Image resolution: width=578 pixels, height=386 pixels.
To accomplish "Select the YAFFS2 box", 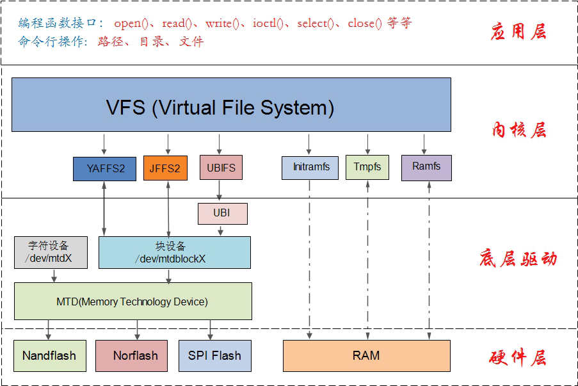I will click(x=104, y=168).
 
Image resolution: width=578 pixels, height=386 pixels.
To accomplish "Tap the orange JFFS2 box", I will click(x=166, y=168).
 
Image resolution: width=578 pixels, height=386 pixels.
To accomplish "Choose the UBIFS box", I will click(x=221, y=168).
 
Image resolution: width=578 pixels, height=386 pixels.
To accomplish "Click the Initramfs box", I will click(x=310, y=167).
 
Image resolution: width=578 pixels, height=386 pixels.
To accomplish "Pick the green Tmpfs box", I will click(x=367, y=167).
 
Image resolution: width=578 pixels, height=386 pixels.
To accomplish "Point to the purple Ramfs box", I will click(x=426, y=166).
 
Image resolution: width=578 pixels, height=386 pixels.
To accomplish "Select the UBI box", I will click(x=221, y=213).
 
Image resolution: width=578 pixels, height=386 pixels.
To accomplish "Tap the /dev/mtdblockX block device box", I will click(x=174, y=252).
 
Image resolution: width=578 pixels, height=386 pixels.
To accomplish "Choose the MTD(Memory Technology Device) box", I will click(x=132, y=302).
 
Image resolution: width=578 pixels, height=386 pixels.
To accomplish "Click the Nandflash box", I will click(x=49, y=355).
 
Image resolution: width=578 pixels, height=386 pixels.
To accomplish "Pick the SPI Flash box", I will click(x=214, y=355).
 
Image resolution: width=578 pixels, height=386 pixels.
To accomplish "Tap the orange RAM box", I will click(x=366, y=355).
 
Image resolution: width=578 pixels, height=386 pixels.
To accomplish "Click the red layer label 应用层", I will click(x=518, y=31).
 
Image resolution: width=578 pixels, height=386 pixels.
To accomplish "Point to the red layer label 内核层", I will click(x=518, y=130).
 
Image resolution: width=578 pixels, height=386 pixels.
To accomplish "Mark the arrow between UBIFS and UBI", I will click(x=220, y=191).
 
